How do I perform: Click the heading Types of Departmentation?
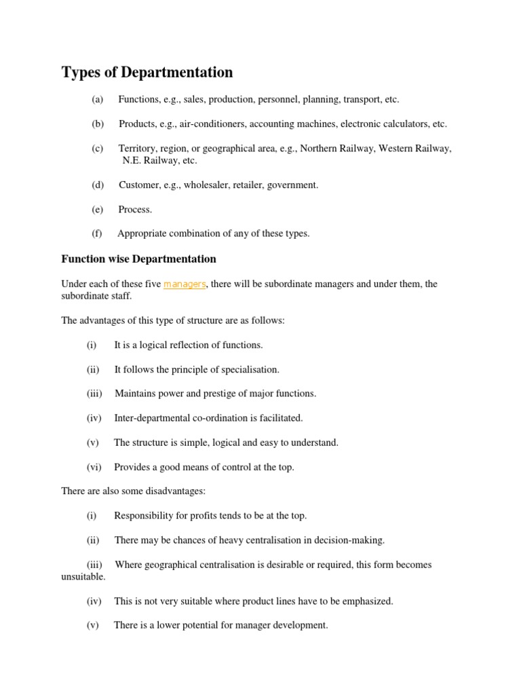click(x=147, y=72)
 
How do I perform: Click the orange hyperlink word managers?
click(x=185, y=284)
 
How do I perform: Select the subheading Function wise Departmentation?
click(x=138, y=259)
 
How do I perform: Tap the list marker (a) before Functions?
click(x=97, y=100)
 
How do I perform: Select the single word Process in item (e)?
click(x=135, y=210)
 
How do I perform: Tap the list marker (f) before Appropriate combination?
click(x=96, y=233)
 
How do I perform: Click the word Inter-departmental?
click(x=151, y=418)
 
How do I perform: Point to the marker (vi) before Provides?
click(x=94, y=467)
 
